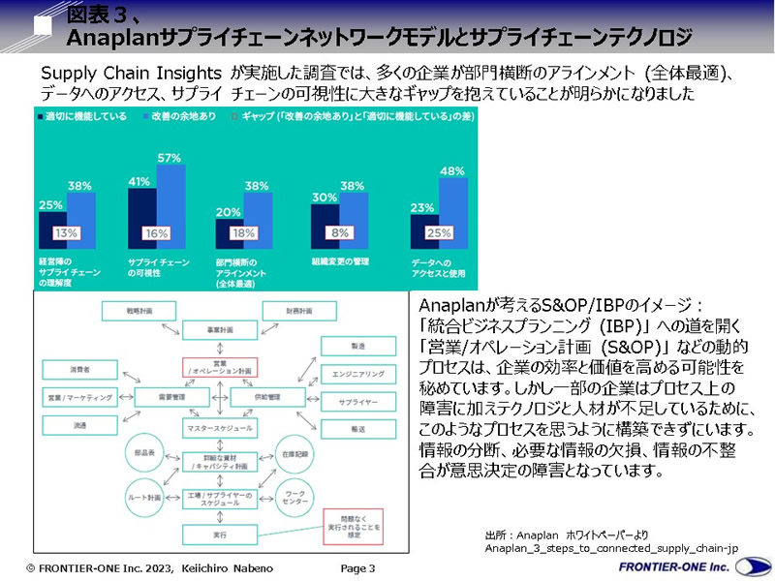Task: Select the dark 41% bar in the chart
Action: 141,218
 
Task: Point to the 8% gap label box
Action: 338,232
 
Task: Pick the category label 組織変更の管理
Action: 338,260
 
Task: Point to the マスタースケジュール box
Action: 223,427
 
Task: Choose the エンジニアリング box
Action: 358,373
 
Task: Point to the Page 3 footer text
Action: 357,567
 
